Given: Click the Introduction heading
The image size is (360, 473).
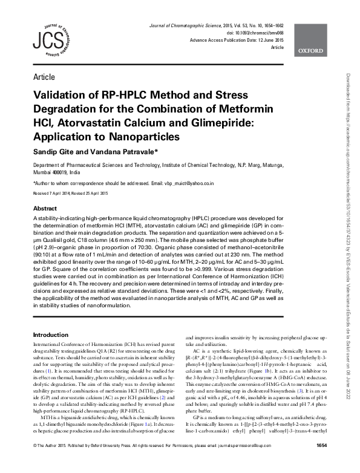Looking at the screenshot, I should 51,334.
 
